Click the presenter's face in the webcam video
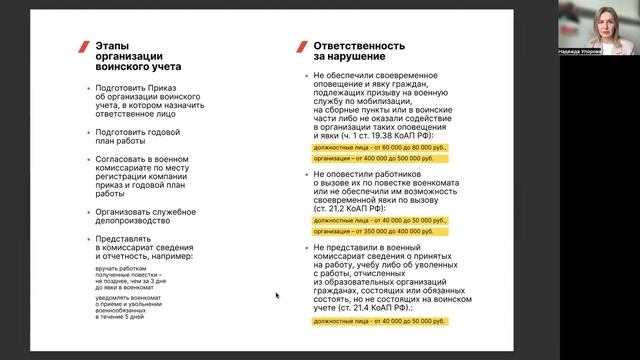pos(607,21)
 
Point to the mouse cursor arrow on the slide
pos(277,295)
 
